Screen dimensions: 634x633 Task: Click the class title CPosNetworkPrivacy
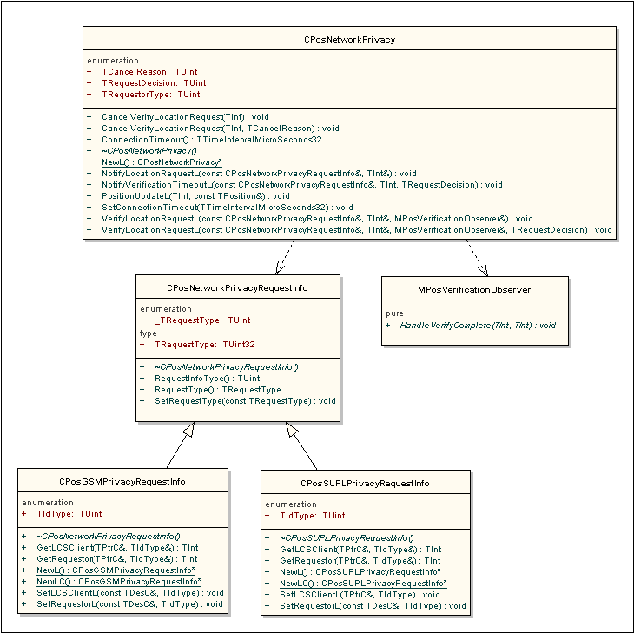click(349, 40)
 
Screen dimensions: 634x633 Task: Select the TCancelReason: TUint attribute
click(149, 72)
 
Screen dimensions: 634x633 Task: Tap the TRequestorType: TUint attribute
click(151, 95)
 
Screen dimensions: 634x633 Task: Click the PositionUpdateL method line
click(195, 196)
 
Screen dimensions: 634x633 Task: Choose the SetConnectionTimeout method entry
click(228, 208)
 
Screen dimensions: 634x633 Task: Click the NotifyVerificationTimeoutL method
click(302, 185)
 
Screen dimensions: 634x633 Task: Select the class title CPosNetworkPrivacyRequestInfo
click(237, 288)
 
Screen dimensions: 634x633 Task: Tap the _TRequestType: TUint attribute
click(202, 320)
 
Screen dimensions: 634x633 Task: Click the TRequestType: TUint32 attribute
click(205, 345)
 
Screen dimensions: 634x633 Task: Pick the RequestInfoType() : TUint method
click(208, 379)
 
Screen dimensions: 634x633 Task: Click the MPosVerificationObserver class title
click(474, 290)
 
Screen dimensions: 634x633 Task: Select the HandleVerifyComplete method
click(478, 326)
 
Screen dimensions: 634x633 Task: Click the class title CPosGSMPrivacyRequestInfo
click(122, 482)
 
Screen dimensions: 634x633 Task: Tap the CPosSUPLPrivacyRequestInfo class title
click(365, 484)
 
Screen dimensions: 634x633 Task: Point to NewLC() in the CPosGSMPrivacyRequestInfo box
click(119, 582)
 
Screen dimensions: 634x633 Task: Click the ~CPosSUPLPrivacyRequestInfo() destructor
click(347, 538)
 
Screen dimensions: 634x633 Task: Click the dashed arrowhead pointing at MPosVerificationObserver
click(483, 270)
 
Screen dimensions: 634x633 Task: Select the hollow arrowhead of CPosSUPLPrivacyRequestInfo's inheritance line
click(292, 430)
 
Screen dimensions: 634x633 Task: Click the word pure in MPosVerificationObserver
click(394, 313)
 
